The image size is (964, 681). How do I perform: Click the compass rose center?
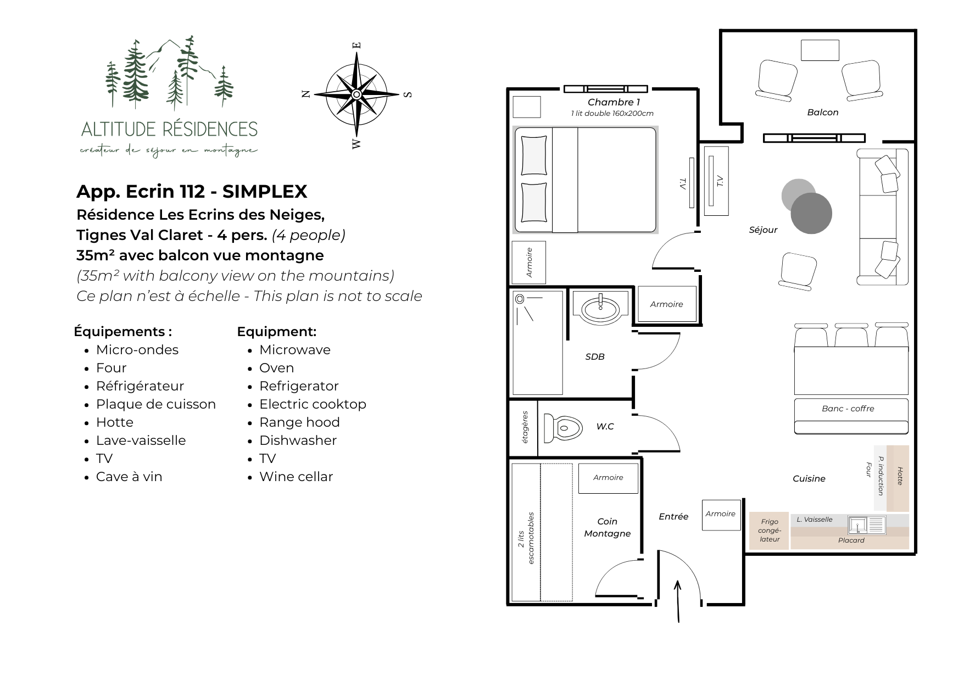356,94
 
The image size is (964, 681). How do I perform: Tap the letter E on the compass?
356,46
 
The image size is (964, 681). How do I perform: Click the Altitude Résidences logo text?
169,129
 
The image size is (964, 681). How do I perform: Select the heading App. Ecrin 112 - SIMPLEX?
192,191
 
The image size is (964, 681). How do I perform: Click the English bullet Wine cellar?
296,477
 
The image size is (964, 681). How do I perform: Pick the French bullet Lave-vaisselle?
141,440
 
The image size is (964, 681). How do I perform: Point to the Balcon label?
823,113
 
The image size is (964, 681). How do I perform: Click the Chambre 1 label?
614,102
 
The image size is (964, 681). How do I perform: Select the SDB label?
595,357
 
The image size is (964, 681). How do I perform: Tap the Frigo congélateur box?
769,531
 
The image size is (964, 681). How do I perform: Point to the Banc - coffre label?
848,409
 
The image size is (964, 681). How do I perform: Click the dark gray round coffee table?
811,213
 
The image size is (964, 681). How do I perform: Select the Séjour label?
764,230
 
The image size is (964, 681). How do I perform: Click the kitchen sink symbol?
866,525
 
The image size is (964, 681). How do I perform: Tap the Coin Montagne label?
608,527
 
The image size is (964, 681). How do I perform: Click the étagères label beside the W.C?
525,427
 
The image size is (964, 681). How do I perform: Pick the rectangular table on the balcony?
820,51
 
